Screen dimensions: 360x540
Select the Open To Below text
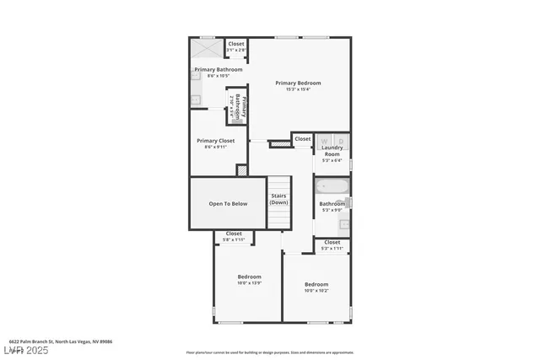click(x=228, y=203)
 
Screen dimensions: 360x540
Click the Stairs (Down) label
click(x=278, y=199)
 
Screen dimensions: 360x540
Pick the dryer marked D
click(x=340, y=141)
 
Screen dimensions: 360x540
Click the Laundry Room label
click(x=332, y=152)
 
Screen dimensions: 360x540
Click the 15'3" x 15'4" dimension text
click(x=300, y=89)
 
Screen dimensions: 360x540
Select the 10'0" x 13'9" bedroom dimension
click(x=249, y=283)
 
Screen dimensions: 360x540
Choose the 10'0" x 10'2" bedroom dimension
click(x=316, y=291)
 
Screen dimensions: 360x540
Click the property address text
click(x=61, y=341)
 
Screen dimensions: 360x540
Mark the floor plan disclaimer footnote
click(x=270, y=352)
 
